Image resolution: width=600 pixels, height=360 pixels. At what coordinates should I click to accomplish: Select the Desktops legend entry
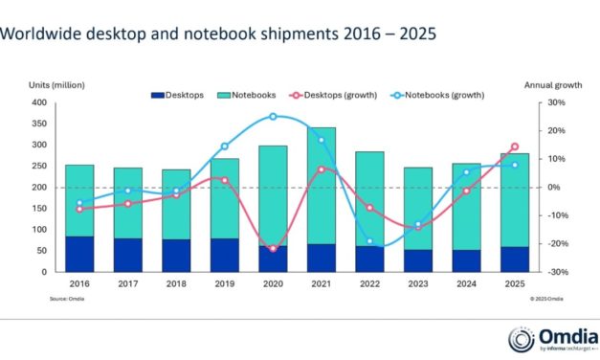178,95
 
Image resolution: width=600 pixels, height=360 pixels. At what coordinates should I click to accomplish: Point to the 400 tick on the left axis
39,102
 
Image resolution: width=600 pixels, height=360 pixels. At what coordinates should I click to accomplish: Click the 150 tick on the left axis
39,209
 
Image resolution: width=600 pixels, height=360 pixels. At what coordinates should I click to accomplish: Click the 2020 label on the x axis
273,284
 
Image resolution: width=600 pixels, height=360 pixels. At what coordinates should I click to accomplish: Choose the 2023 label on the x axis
418,284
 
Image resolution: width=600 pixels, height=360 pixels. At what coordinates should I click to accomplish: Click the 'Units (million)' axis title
36,84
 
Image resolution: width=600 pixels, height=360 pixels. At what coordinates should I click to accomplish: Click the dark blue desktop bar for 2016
79,254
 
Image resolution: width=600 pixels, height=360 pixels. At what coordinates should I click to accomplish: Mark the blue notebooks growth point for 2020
273,117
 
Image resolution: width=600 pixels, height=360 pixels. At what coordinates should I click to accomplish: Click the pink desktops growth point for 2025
515,146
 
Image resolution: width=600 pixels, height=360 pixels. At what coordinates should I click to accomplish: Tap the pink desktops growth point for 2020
273,249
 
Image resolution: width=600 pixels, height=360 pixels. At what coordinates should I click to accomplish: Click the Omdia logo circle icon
521,339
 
